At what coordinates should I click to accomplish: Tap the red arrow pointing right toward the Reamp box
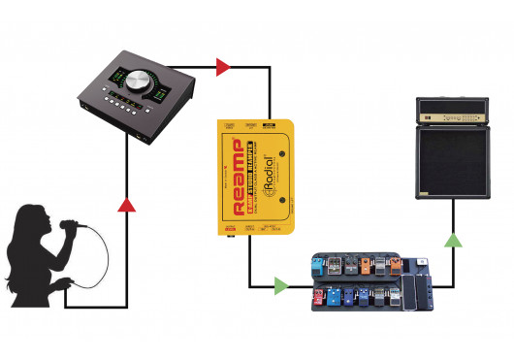[x=223, y=67]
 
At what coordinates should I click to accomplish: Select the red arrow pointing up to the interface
[x=125, y=204]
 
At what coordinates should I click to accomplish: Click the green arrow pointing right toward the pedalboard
[x=280, y=286]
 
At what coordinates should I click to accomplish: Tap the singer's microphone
[x=70, y=226]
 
